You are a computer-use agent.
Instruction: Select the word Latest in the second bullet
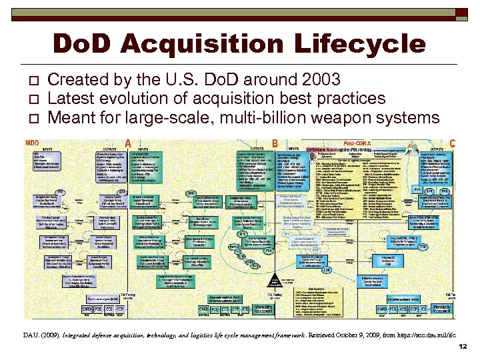tap(72, 99)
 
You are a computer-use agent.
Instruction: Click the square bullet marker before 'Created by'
tap(31, 81)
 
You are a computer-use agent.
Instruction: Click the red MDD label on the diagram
tap(32, 143)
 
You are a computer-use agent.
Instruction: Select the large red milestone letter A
tap(128, 143)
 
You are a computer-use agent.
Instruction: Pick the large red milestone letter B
tap(275, 143)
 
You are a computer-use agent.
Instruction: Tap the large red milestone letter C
tap(453, 143)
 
